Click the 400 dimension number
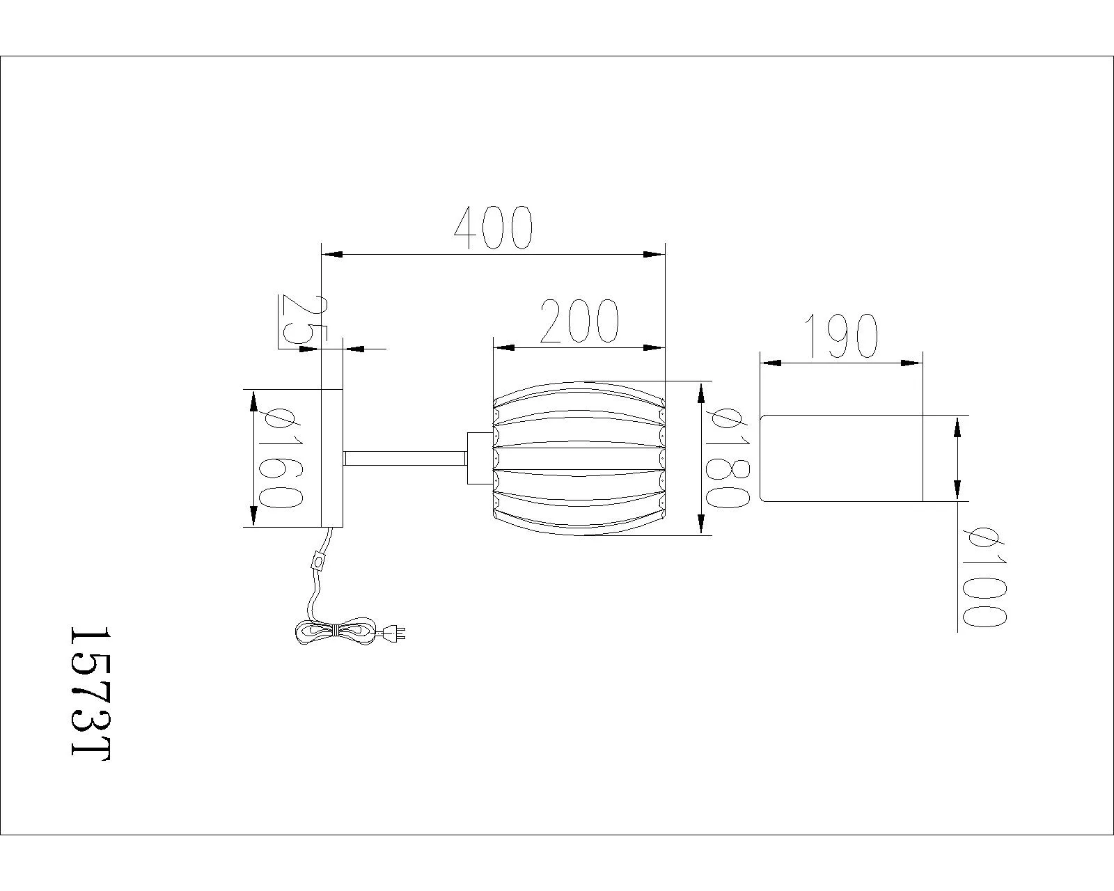493,228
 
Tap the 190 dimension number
841,336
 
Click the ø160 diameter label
280,457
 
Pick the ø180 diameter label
728,457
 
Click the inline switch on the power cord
318,561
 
